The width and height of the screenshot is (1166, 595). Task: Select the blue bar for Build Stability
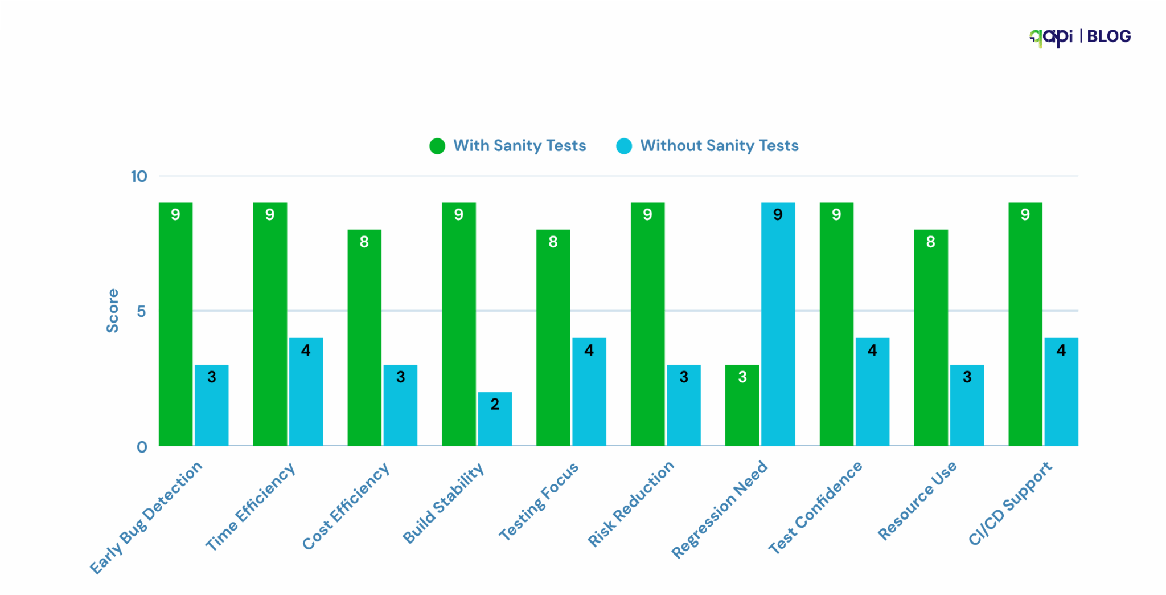[x=494, y=419]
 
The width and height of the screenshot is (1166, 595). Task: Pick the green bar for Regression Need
[x=742, y=405]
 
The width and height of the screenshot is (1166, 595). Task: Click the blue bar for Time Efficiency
[x=306, y=392]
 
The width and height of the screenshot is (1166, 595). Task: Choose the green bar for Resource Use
[x=931, y=337]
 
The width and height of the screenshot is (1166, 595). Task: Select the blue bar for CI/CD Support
[x=1061, y=392]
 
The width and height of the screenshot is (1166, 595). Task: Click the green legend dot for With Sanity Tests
[x=437, y=146]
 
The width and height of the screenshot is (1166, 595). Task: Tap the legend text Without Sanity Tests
[x=719, y=146]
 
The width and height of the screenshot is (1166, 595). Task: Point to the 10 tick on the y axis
[x=139, y=176]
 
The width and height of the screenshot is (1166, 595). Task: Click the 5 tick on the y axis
[x=141, y=311]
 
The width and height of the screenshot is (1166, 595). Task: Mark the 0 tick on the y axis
[x=142, y=447]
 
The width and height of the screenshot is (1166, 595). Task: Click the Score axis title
[x=113, y=311]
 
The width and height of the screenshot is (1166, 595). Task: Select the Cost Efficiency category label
[x=346, y=507]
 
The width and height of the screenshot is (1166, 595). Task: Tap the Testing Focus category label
[x=539, y=501]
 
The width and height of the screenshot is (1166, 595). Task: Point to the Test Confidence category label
[x=815, y=508]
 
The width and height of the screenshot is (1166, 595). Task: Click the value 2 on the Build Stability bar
[x=495, y=404]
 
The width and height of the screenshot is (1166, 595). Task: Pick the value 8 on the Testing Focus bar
[x=553, y=242]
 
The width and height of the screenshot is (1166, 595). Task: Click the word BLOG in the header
[x=1108, y=36]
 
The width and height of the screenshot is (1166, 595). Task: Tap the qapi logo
[x=1051, y=37]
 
